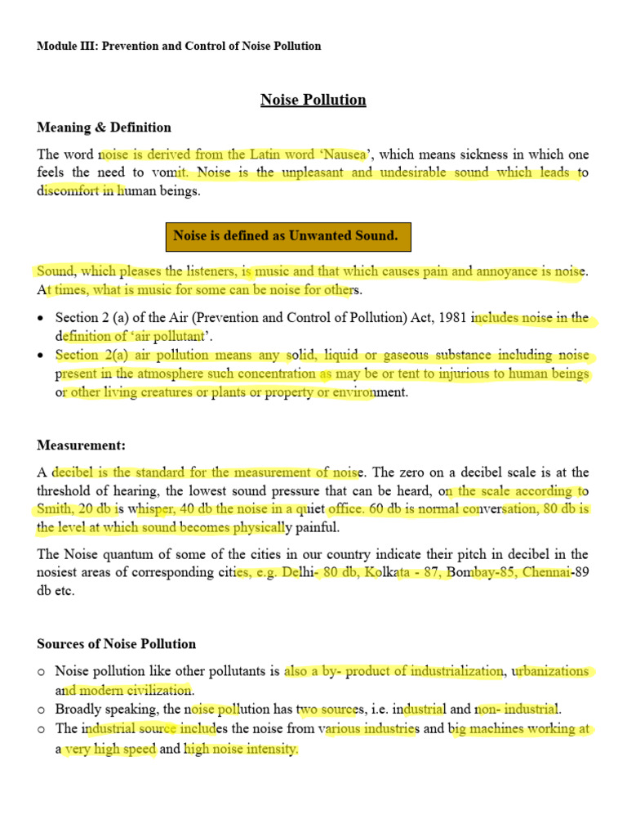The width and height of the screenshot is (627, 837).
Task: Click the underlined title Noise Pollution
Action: pos(313,100)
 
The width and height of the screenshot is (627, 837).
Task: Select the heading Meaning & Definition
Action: pos(104,128)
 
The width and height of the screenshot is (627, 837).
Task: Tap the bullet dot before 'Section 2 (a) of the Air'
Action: pos(41,319)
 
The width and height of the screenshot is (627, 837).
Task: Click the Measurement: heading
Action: pos(81,445)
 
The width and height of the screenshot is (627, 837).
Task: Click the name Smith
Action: pos(54,508)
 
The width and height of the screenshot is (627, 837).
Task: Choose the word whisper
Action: pos(150,508)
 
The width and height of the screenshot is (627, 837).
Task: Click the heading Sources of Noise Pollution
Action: pos(116,644)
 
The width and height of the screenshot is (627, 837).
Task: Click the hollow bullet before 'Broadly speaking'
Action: pos(41,709)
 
